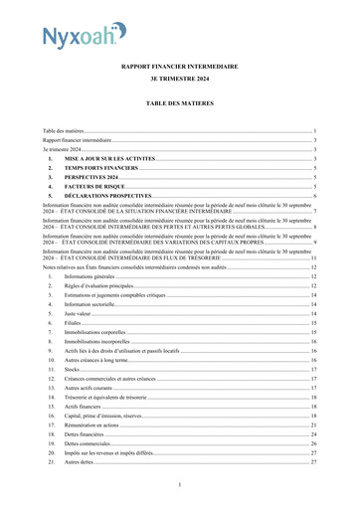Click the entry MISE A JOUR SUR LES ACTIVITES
click(x=109, y=158)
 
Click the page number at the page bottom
click(x=180, y=484)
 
